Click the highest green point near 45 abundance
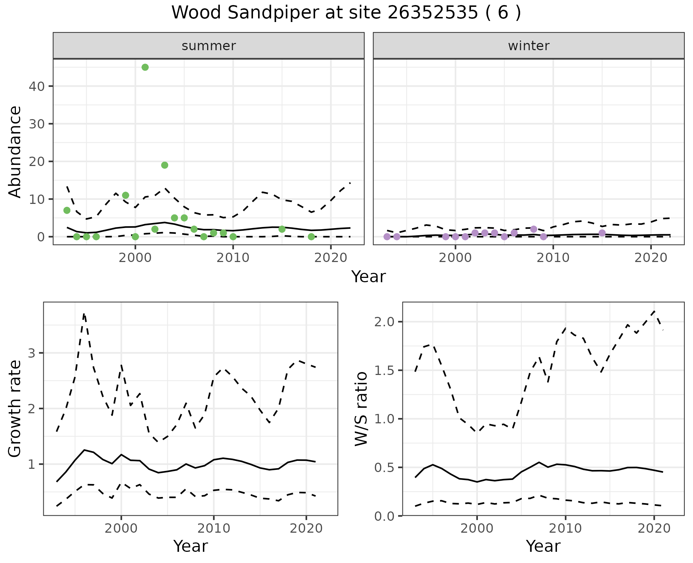click(x=145, y=67)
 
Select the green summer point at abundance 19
click(x=165, y=165)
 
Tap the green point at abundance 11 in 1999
click(x=126, y=195)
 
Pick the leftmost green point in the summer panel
click(x=67, y=210)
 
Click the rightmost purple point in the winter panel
click(x=602, y=233)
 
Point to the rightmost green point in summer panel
click(x=311, y=237)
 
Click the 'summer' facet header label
click(x=209, y=46)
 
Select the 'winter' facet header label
click(x=529, y=46)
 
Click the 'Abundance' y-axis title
click(x=15, y=152)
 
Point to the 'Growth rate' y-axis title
click(x=15, y=409)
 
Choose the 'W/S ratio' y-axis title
click(x=361, y=409)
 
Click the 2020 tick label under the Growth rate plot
click(x=306, y=528)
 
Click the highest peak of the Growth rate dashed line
click(x=84, y=314)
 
